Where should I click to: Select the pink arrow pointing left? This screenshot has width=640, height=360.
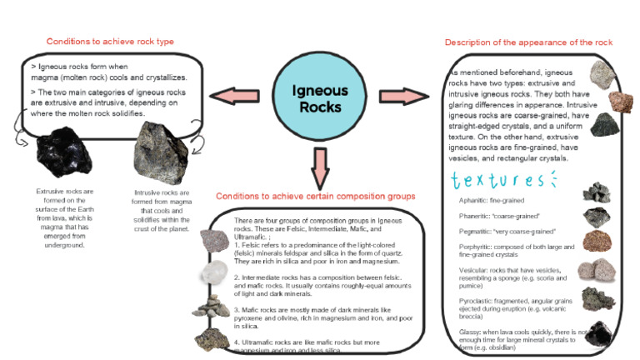[236, 95]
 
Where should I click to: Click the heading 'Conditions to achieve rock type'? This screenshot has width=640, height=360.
[111, 41]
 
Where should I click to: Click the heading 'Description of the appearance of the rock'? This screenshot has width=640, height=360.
[528, 42]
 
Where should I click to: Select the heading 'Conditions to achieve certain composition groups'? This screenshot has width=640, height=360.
[316, 197]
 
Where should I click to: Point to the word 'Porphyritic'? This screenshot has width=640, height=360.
[477, 247]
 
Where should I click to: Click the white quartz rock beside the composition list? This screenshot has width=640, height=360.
[212, 272]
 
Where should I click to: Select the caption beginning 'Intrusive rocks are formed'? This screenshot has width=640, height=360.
[162, 210]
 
